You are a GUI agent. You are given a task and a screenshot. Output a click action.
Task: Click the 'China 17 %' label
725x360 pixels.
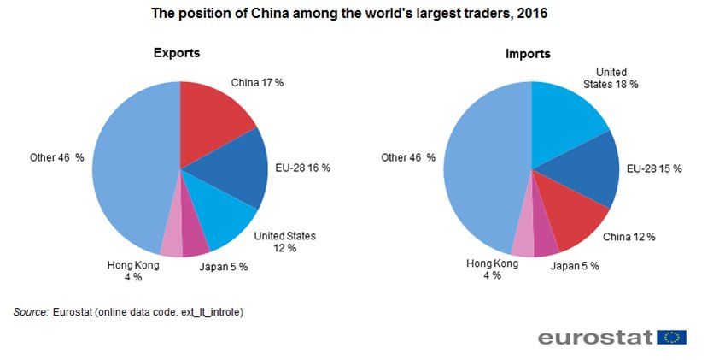[x=257, y=83]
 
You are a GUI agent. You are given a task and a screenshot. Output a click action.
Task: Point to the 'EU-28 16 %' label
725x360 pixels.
[x=302, y=168]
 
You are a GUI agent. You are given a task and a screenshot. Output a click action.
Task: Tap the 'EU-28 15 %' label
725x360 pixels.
[x=653, y=168]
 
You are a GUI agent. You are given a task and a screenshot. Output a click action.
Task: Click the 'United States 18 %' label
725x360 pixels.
[x=611, y=78]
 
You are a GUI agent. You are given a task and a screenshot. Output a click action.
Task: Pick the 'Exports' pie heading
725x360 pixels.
[x=177, y=53]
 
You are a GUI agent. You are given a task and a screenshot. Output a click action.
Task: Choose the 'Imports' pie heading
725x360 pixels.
[x=527, y=54]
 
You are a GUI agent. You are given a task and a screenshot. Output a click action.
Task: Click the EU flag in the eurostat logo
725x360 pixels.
[x=673, y=337]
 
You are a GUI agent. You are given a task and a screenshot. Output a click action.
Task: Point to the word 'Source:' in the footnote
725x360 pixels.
[x=31, y=312]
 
